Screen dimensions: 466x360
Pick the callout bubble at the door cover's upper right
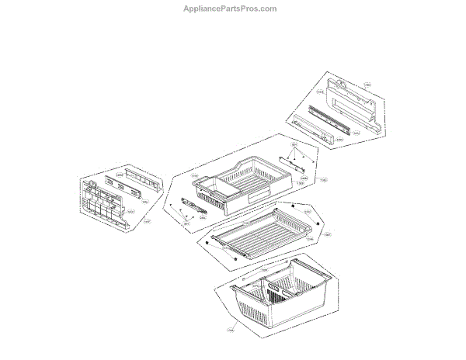(367, 84)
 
